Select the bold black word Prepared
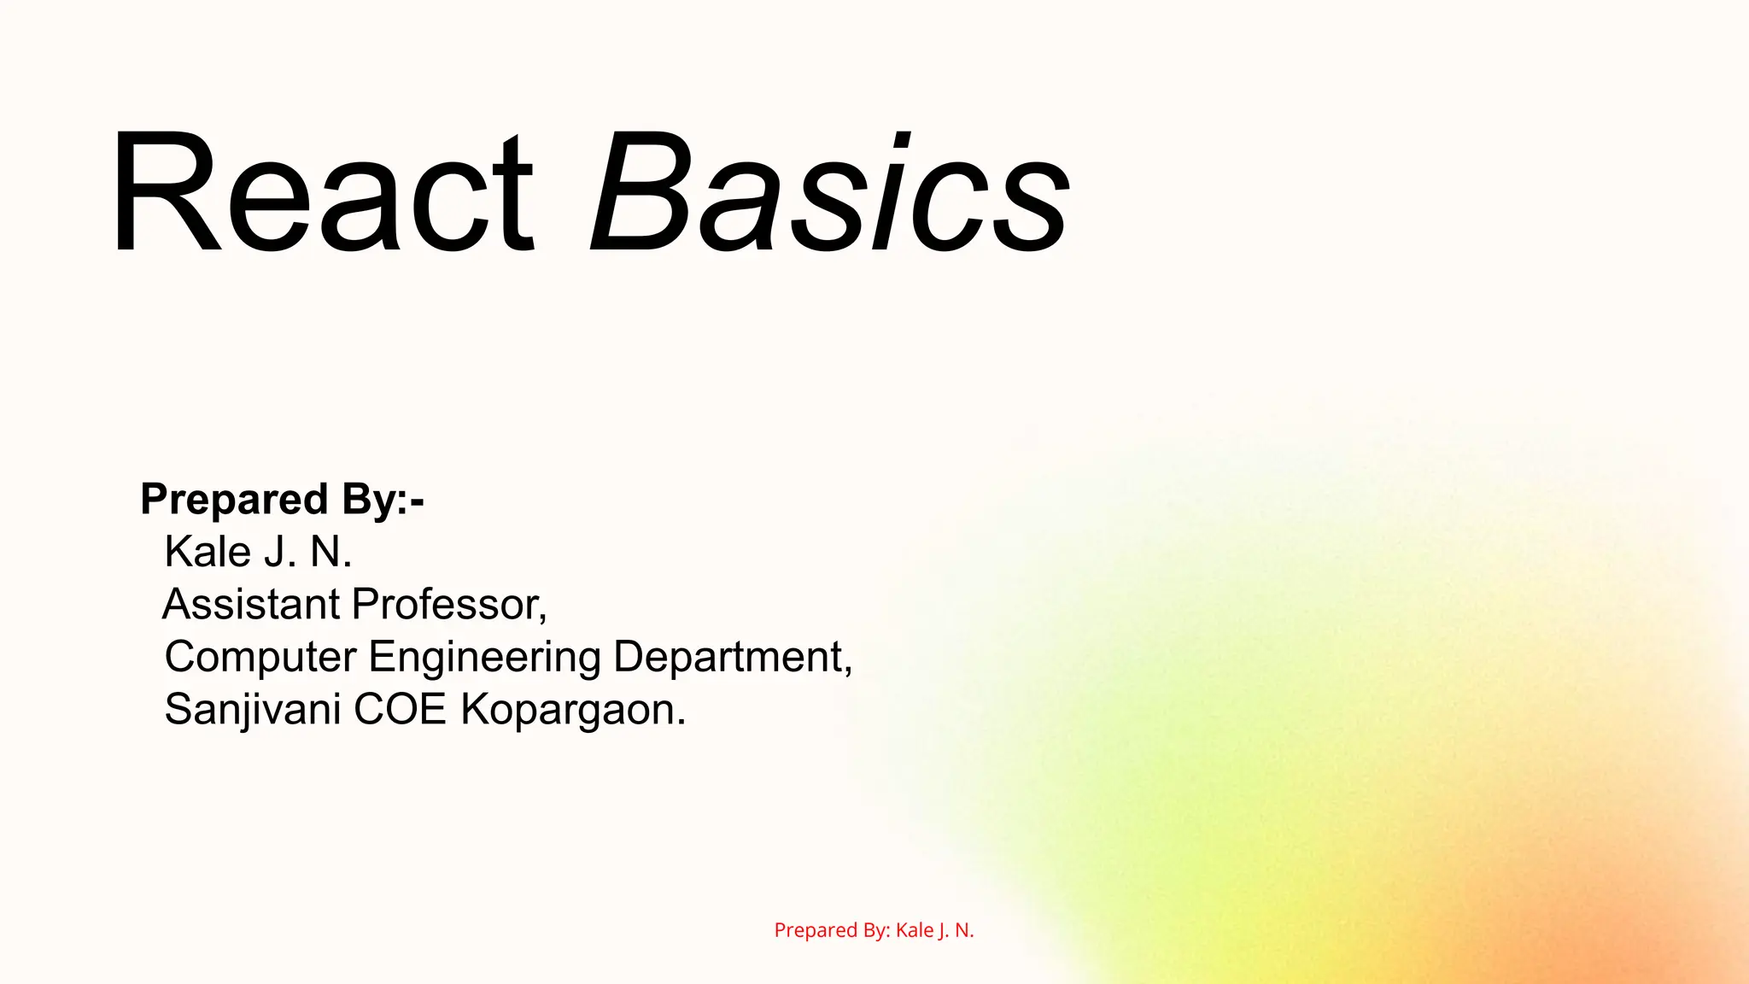coord(234,500)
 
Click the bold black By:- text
coord(383,500)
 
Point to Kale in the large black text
coord(208,552)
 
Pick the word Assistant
coord(252,605)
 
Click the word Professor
coord(449,605)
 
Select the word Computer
coord(260,657)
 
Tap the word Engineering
coord(485,659)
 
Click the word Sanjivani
coord(253,710)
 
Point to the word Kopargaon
coord(573,710)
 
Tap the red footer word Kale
coord(914,930)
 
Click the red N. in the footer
coord(964,930)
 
